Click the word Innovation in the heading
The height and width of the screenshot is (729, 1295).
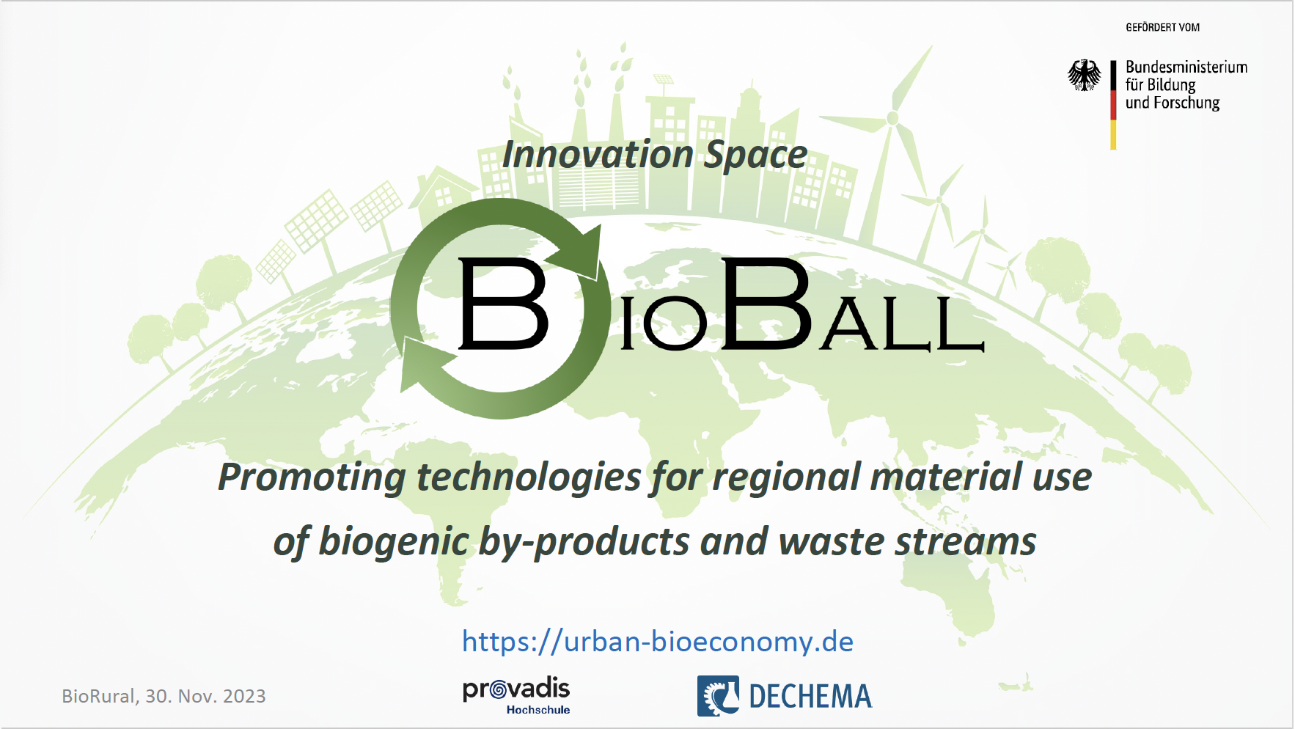point(598,155)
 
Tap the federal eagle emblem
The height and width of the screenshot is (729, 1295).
point(1084,75)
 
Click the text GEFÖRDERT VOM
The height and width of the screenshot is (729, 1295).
point(1162,27)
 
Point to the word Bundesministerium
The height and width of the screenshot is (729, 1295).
point(1186,67)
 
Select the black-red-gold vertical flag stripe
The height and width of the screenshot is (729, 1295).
point(1113,105)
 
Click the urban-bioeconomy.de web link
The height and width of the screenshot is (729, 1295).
point(657,642)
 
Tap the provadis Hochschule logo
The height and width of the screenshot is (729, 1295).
point(516,695)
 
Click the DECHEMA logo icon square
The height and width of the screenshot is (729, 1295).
point(718,695)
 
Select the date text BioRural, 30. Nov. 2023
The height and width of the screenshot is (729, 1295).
point(164,696)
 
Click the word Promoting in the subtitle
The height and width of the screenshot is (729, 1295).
point(312,478)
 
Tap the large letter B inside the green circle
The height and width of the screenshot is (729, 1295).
point(503,303)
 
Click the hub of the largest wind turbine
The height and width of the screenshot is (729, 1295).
point(892,117)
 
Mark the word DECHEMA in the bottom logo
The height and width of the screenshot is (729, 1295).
point(810,696)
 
